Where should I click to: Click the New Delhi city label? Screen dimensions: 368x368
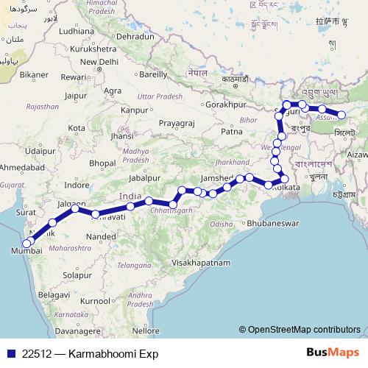coord(99,62)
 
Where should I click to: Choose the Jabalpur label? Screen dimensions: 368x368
coord(142,177)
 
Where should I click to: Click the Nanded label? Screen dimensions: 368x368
coord(102,236)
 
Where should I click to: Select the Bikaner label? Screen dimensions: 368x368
coord(33,74)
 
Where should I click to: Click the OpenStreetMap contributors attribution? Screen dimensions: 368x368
coord(304,329)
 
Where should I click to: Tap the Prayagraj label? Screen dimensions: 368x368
coord(177,122)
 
